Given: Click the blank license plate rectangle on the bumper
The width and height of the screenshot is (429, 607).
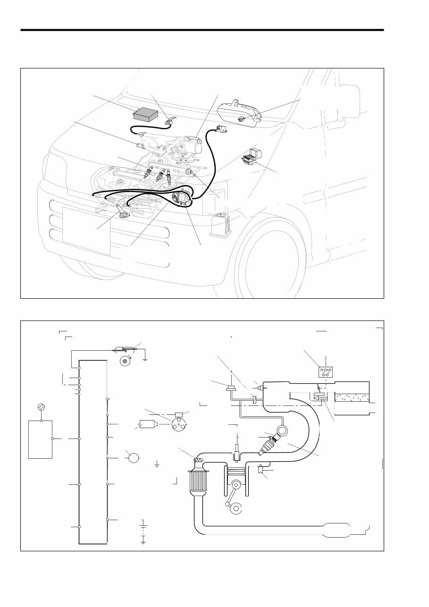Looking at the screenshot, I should point(86,231).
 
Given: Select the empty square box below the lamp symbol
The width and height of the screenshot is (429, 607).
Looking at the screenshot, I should point(40,439).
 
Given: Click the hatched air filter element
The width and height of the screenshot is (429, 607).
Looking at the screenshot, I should point(352,396).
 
